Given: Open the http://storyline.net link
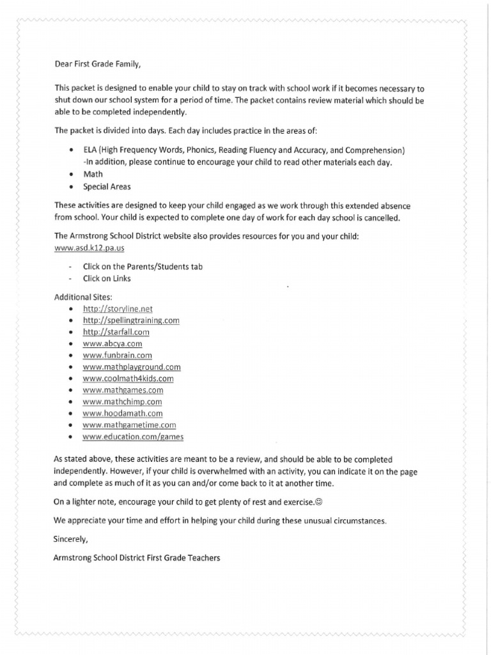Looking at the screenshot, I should [x=118, y=309].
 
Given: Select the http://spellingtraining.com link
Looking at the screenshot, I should [x=131, y=320].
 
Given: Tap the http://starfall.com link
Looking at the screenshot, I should [x=116, y=332].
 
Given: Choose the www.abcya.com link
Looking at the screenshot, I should [x=112, y=343].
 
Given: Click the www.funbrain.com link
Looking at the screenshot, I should [x=117, y=355].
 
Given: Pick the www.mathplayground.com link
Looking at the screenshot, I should [x=132, y=367].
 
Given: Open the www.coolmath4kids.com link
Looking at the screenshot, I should [x=128, y=378].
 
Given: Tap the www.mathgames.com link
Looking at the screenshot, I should [x=123, y=390].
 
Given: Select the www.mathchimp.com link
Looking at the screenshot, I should [x=122, y=402].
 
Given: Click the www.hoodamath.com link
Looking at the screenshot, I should [x=122, y=413].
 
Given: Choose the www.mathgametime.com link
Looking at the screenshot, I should [x=129, y=425].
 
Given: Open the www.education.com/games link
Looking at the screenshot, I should [x=133, y=436].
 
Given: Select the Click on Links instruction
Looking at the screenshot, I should [x=107, y=279].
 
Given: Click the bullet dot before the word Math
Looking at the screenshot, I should [x=70, y=174].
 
